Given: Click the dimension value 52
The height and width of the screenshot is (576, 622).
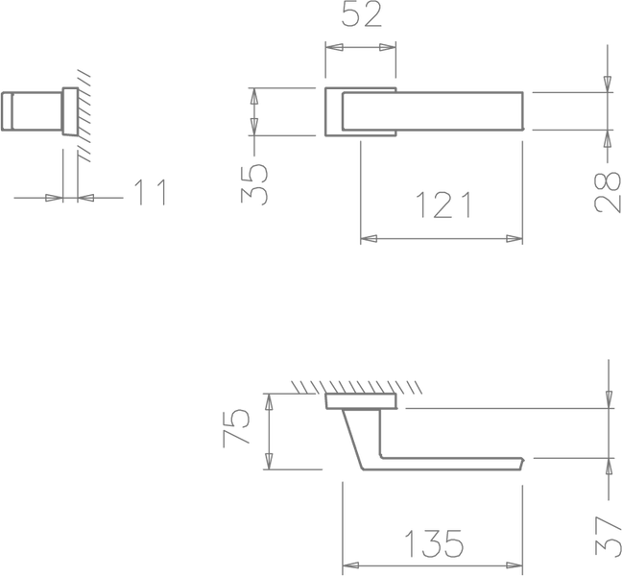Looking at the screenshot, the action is point(361,14).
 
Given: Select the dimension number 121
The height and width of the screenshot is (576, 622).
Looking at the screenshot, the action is point(443,204).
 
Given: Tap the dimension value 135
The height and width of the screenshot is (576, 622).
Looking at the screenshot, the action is point(434,544).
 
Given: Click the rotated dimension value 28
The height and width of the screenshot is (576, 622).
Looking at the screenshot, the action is point(607,192).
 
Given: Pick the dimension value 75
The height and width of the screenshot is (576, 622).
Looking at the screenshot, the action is point(236,427).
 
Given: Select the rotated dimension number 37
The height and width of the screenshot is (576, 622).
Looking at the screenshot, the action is point(609,536).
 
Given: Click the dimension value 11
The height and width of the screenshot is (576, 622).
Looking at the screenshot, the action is point(151,192).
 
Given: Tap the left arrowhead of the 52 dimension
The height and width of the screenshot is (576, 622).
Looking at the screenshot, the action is point(334,47).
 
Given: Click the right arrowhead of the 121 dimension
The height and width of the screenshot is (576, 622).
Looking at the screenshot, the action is point(514,239).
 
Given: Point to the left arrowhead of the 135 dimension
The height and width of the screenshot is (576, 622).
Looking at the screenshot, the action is point(350,565).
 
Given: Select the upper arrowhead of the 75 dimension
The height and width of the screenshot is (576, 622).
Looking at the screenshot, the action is point(269,402).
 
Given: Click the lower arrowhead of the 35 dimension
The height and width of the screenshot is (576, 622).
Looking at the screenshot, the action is point(254,127).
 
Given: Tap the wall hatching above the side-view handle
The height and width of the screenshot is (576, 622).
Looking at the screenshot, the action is point(357,387).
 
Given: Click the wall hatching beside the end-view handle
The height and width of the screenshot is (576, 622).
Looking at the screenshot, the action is point(84,116).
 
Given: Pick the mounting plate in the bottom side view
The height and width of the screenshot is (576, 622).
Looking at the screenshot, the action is point(361,401).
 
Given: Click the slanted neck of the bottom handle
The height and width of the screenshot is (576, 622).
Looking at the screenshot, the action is point(353,439).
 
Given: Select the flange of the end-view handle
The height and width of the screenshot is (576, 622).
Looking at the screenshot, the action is point(70,111).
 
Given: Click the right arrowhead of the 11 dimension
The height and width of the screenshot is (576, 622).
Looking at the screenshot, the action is point(86,198).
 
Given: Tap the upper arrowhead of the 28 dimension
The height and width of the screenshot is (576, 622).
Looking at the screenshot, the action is point(608,84).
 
